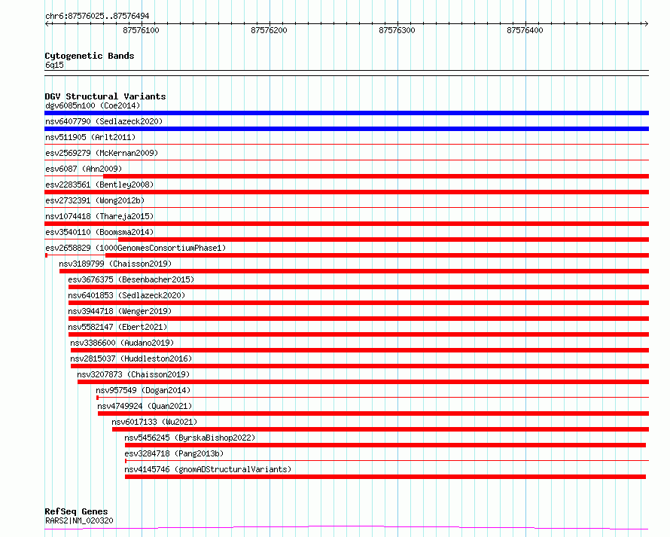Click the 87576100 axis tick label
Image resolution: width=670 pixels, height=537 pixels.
click(x=141, y=30)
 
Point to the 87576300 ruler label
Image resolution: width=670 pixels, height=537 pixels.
click(x=397, y=30)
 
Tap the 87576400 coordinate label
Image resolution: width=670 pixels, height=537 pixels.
click(x=525, y=30)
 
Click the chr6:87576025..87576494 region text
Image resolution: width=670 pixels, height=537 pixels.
click(x=97, y=16)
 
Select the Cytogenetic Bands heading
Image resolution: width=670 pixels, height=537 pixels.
click(x=90, y=56)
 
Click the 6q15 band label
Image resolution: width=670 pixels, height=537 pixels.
click(x=54, y=65)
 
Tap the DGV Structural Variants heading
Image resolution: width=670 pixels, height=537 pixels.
click(x=105, y=96)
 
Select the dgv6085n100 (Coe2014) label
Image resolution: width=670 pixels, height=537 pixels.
click(x=93, y=105)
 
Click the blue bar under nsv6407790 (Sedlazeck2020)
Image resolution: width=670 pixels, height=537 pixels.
click(x=346, y=129)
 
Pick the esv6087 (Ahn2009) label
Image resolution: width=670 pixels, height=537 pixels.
click(x=84, y=169)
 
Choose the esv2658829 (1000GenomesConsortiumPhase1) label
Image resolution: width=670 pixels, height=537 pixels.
click(x=136, y=248)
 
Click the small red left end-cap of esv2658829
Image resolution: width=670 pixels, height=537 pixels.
click(x=46, y=255)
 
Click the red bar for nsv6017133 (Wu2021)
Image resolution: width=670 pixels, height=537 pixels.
click(x=380, y=429)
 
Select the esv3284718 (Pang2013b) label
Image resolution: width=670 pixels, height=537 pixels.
click(x=174, y=453)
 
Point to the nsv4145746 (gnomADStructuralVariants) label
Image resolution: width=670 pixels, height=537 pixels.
click(x=208, y=469)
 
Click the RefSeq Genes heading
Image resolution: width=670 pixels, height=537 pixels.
click(x=76, y=511)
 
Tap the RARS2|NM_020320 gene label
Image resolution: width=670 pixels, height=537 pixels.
click(x=79, y=520)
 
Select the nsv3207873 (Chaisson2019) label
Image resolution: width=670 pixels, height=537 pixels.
click(x=133, y=374)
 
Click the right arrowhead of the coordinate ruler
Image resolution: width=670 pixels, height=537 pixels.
click(x=647, y=24)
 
